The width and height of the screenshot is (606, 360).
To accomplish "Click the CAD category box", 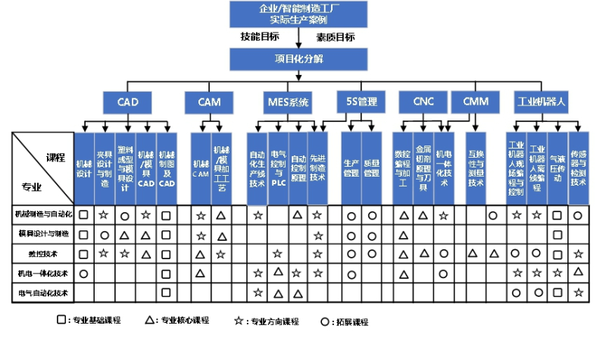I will pyautogui.click(x=127, y=102).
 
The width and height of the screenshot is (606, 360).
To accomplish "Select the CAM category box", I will pyautogui.click(x=209, y=102).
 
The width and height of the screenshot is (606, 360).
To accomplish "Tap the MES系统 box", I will pyautogui.click(x=289, y=102).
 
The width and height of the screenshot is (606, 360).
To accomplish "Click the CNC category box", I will pyautogui.click(x=423, y=102).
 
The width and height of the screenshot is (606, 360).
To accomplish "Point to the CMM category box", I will pyautogui.click(x=475, y=102).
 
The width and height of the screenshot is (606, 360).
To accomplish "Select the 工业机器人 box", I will pyautogui.click(x=542, y=102).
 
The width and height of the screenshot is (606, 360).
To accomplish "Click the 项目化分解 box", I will pyautogui.click(x=299, y=59).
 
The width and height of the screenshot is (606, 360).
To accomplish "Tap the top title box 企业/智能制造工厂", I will pyautogui.click(x=299, y=14).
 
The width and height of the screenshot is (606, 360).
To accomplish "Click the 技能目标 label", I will pyautogui.click(x=260, y=36).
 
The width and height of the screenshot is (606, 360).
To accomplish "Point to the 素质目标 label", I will pyautogui.click(x=336, y=36).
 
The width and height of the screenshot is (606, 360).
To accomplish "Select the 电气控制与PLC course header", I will pyautogui.click(x=278, y=168).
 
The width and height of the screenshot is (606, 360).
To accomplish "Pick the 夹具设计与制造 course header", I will pyautogui.click(x=104, y=168).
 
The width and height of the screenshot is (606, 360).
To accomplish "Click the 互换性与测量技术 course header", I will pyautogui.click(x=475, y=168).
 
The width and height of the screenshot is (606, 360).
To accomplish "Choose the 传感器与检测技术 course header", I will pyautogui.click(x=578, y=168).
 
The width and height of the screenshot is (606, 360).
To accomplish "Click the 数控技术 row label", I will pyautogui.click(x=42, y=252).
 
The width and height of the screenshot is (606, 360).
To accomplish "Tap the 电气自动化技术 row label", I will pyautogui.click(x=42, y=292).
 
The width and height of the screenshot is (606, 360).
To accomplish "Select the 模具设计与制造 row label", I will pyautogui.click(x=42, y=233).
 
